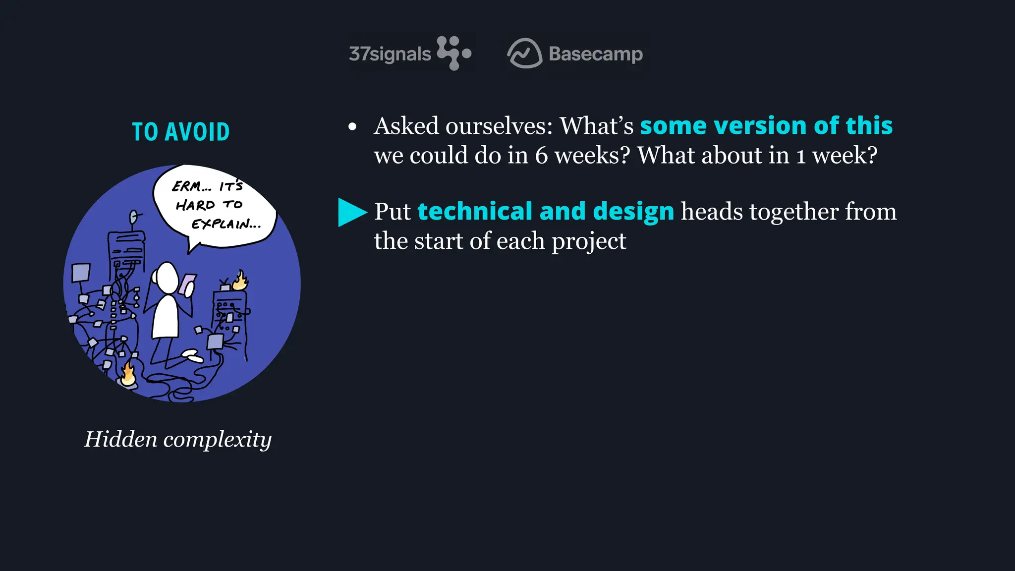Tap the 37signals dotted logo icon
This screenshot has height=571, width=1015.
click(x=453, y=53)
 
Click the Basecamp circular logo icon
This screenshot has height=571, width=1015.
click(x=524, y=53)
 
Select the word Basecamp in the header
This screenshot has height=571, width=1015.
click(x=596, y=54)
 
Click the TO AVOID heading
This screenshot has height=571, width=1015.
click(x=181, y=132)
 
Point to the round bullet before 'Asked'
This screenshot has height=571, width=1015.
click(x=352, y=127)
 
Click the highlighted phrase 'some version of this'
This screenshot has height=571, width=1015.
click(x=766, y=126)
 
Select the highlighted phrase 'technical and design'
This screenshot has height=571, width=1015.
click(x=546, y=212)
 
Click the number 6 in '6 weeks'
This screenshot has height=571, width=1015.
click(x=541, y=156)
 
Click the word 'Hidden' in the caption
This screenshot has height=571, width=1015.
click(x=120, y=439)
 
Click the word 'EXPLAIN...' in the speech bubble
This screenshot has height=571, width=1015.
click(x=226, y=225)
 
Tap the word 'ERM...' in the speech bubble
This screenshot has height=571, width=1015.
click(x=191, y=186)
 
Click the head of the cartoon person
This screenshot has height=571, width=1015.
click(x=167, y=278)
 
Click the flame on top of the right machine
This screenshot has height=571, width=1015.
click(x=241, y=281)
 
